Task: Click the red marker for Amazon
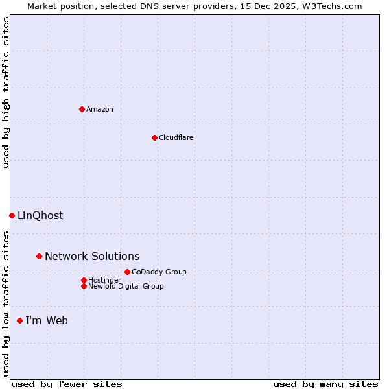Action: [x=82, y=109]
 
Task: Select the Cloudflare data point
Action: [x=154, y=137]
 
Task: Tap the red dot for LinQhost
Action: [x=12, y=215]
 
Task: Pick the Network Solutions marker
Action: [x=39, y=256]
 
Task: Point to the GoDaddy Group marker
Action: [x=127, y=272]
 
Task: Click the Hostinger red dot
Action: [x=84, y=280]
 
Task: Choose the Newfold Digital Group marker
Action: [x=84, y=286]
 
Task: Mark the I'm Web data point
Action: [x=19, y=320]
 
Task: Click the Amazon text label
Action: [x=100, y=109]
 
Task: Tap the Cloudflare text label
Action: [x=176, y=137]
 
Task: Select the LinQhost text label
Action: [x=40, y=215]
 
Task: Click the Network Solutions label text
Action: [x=92, y=256]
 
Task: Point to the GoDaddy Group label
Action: [x=159, y=272]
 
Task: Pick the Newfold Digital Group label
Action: [x=126, y=286]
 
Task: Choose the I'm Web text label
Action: [x=47, y=320]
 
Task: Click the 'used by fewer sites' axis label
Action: [x=67, y=384]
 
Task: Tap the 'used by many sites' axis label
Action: [x=325, y=384]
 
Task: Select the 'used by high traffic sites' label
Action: [x=6, y=92]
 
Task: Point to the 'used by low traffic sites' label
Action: [x=6, y=303]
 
